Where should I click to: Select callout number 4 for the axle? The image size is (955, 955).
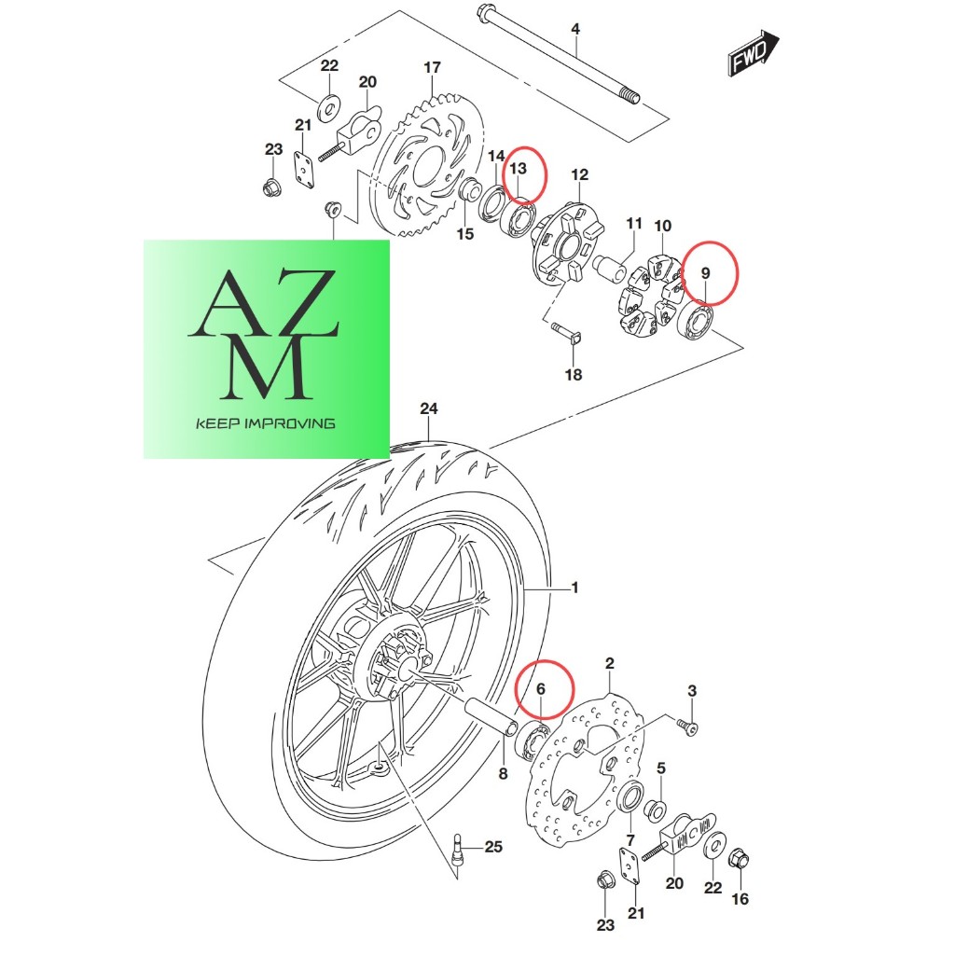pos(574,29)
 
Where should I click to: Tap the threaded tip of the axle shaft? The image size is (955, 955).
pos(630,96)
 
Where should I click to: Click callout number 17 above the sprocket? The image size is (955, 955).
pos(432,67)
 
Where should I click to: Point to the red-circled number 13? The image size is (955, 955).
pos(518,168)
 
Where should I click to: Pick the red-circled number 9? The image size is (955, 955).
pos(705,273)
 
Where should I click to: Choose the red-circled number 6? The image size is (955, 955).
pos(540,689)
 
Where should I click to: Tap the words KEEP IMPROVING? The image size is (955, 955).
pos(266,423)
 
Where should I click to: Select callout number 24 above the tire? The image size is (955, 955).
pos(429,408)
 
